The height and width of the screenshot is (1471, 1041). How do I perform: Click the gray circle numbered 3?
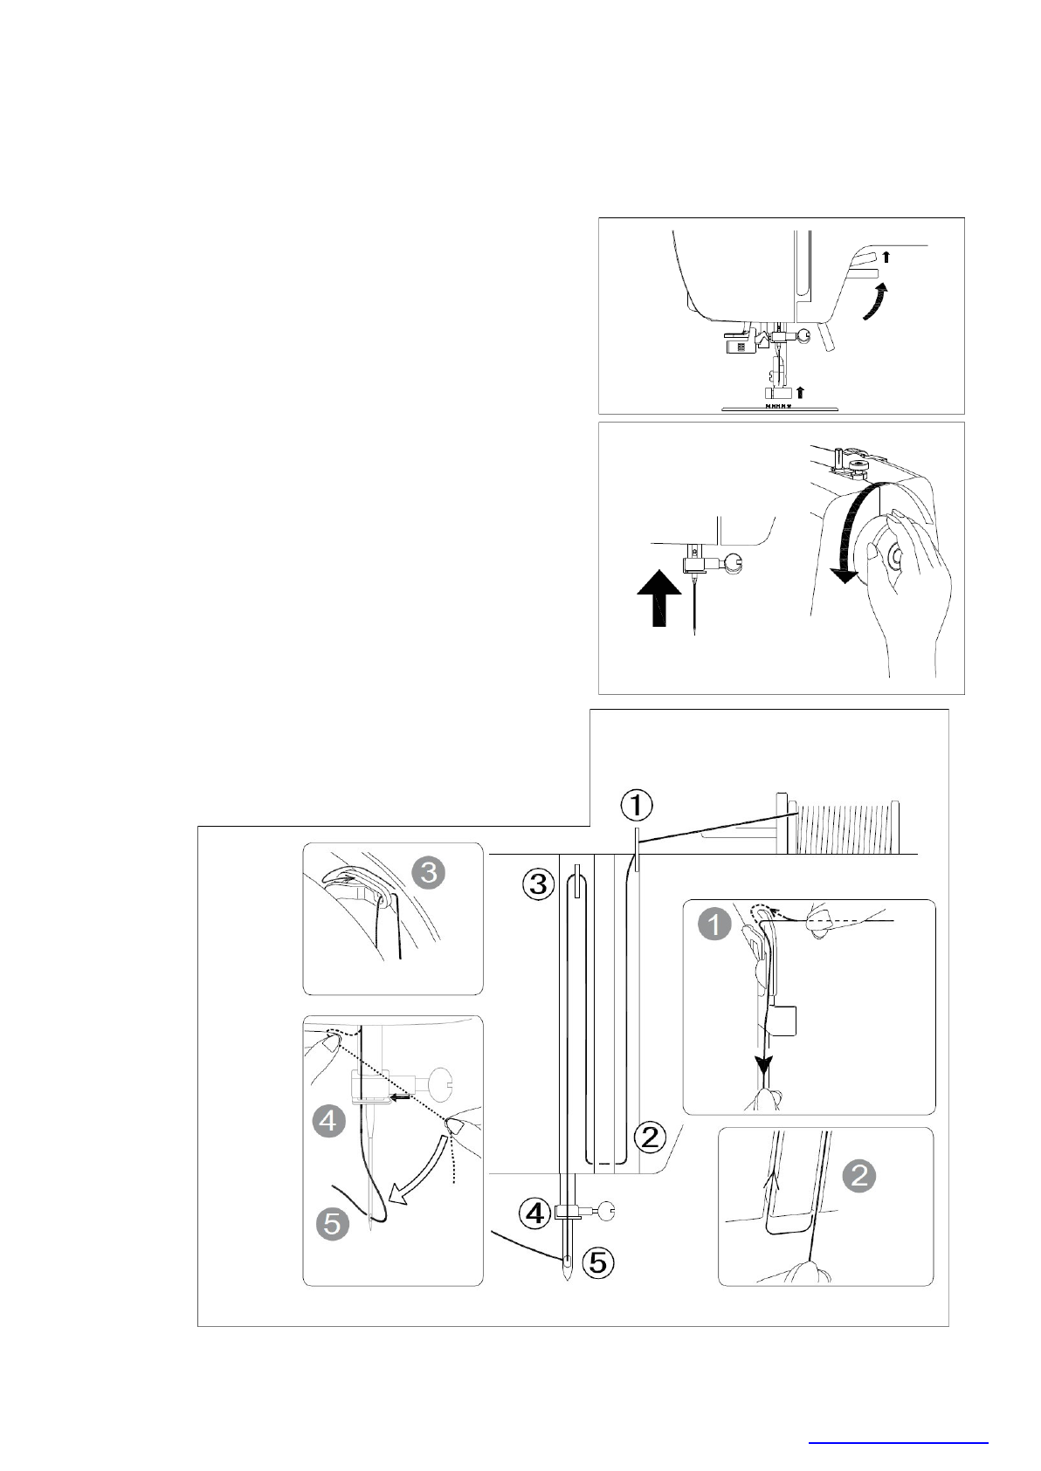click(x=428, y=872)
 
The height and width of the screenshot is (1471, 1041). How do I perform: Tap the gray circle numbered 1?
click(x=714, y=924)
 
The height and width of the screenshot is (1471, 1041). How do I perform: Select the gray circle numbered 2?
click(x=859, y=1176)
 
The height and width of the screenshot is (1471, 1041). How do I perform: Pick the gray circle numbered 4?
click(x=328, y=1120)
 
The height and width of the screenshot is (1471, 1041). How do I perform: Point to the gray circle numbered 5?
click(x=333, y=1223)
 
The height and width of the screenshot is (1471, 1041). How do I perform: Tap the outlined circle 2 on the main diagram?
click(x=651, y=1137)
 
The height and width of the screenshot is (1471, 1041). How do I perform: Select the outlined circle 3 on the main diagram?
click(x=538, y=884)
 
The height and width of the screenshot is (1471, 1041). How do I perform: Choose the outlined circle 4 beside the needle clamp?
click(x=534, y=1212)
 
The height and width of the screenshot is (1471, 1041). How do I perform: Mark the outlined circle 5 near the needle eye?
click(x=598, y=1261)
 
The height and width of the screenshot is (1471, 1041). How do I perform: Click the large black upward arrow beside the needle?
click(x=660, y=598)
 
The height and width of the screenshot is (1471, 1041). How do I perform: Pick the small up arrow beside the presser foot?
click(x=798, y=392)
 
